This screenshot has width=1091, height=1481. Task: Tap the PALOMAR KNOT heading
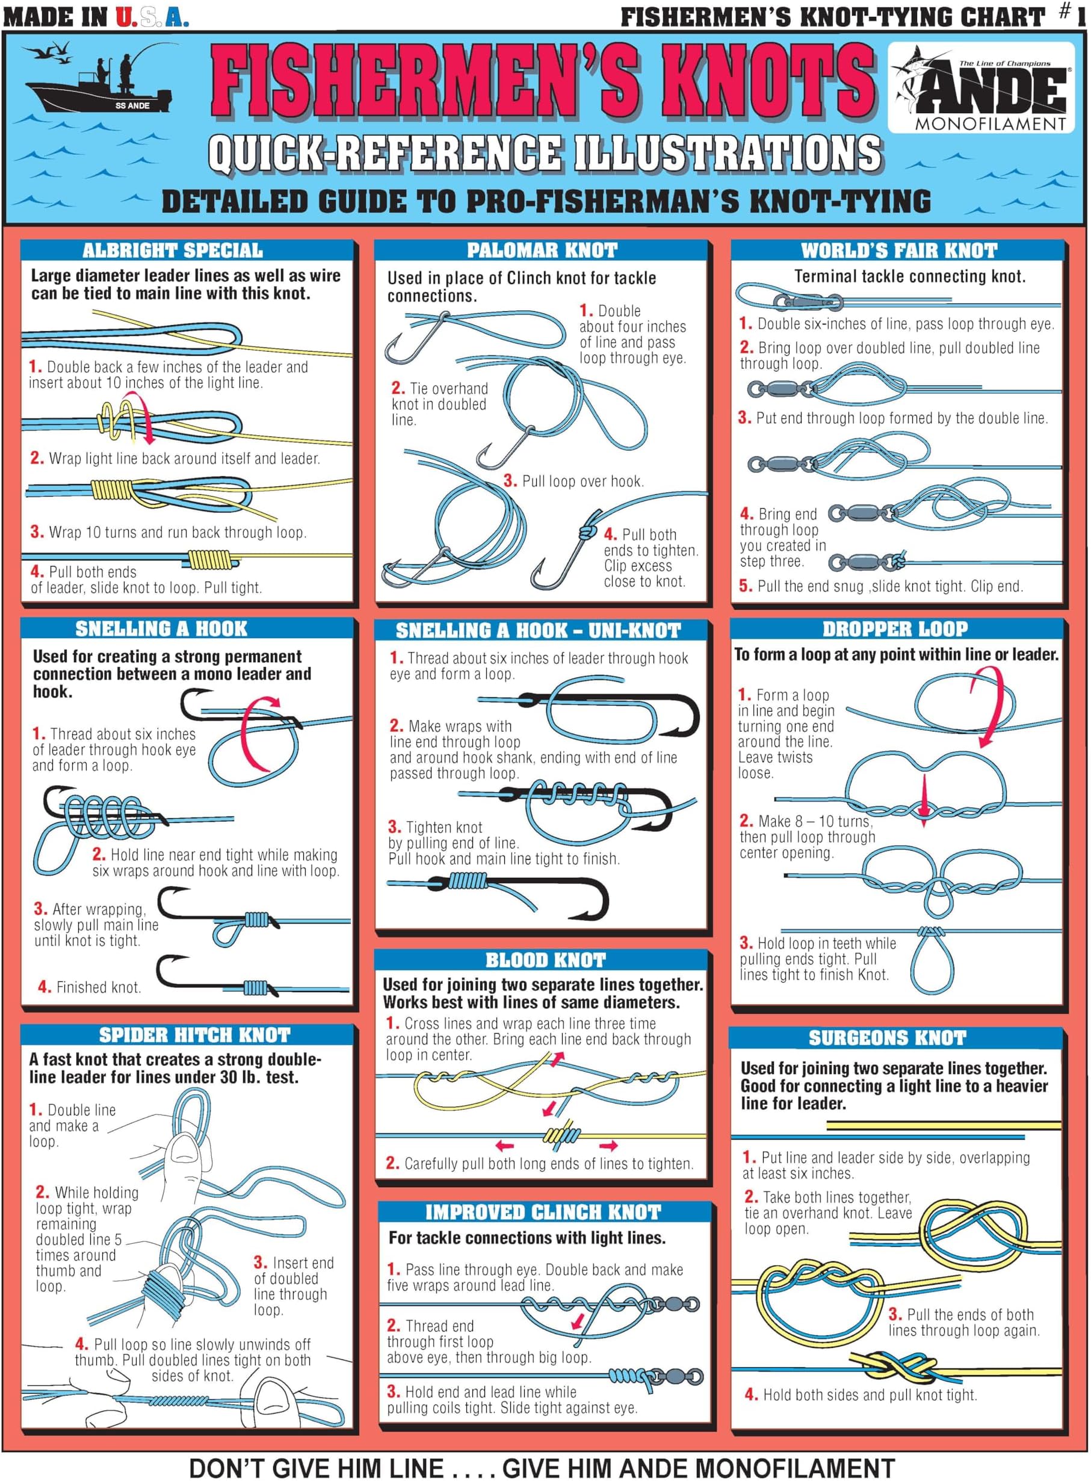tap(542, 250)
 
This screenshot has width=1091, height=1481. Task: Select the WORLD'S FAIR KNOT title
tap(898, 250)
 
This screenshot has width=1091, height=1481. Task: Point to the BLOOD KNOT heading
tap(545, 960)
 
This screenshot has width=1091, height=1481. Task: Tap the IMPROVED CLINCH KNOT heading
tap(542, 1212)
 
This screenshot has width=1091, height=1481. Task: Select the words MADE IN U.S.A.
tap(96, 17)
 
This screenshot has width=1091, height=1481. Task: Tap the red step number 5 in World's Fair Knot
tap(745, 586)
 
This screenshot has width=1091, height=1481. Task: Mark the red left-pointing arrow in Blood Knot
tap(504, 1146)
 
